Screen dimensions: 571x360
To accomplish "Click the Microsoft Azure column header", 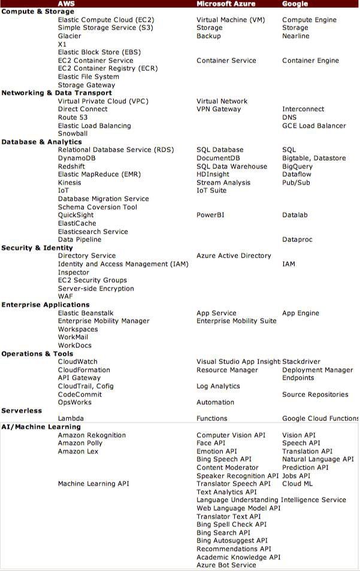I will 226,4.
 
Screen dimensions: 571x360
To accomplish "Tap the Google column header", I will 295,4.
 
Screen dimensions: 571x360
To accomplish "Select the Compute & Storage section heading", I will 38,11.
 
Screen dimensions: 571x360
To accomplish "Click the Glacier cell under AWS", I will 69,36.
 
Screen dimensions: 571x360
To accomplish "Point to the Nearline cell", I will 296,36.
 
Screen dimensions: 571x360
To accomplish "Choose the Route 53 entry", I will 72,117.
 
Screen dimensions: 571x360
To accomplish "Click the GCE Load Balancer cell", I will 314,126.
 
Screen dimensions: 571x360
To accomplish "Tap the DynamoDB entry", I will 77,158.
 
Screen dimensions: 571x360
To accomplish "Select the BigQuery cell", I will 297,166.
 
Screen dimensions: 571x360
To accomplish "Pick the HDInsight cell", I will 213,174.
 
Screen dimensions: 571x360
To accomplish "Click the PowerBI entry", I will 210,215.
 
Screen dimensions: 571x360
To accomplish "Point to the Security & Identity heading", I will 37,248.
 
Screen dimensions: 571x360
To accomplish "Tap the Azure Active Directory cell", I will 234,256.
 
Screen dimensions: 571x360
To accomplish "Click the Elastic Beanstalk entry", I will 86,313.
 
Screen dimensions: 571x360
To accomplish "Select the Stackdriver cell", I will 301,362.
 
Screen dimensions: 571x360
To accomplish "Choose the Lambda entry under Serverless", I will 71,418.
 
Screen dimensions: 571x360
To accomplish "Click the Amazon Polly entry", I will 80,443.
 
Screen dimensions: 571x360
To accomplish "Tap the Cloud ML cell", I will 297,484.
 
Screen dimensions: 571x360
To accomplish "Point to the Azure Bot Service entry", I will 226,565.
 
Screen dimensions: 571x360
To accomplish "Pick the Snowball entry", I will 72,133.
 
